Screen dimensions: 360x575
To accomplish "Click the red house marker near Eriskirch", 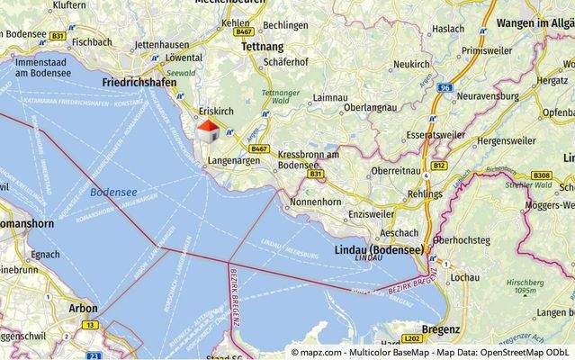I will click(207, 130).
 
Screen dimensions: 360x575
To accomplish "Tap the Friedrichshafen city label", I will click(139, 82).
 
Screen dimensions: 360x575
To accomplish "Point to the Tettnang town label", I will click(263, 46).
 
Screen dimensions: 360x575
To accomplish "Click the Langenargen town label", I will click(233, 159).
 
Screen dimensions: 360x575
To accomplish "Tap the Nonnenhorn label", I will click(315, 202).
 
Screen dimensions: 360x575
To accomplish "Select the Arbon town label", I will click(83, 308).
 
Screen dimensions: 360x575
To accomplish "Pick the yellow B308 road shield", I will click(541, 175).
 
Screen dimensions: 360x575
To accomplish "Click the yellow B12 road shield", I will click(439, 166).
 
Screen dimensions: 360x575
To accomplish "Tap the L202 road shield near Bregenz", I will click(412, 338).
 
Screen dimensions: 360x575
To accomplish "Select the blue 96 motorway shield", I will click(445, 87).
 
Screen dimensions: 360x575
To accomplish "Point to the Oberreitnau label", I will click(398, 170).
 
